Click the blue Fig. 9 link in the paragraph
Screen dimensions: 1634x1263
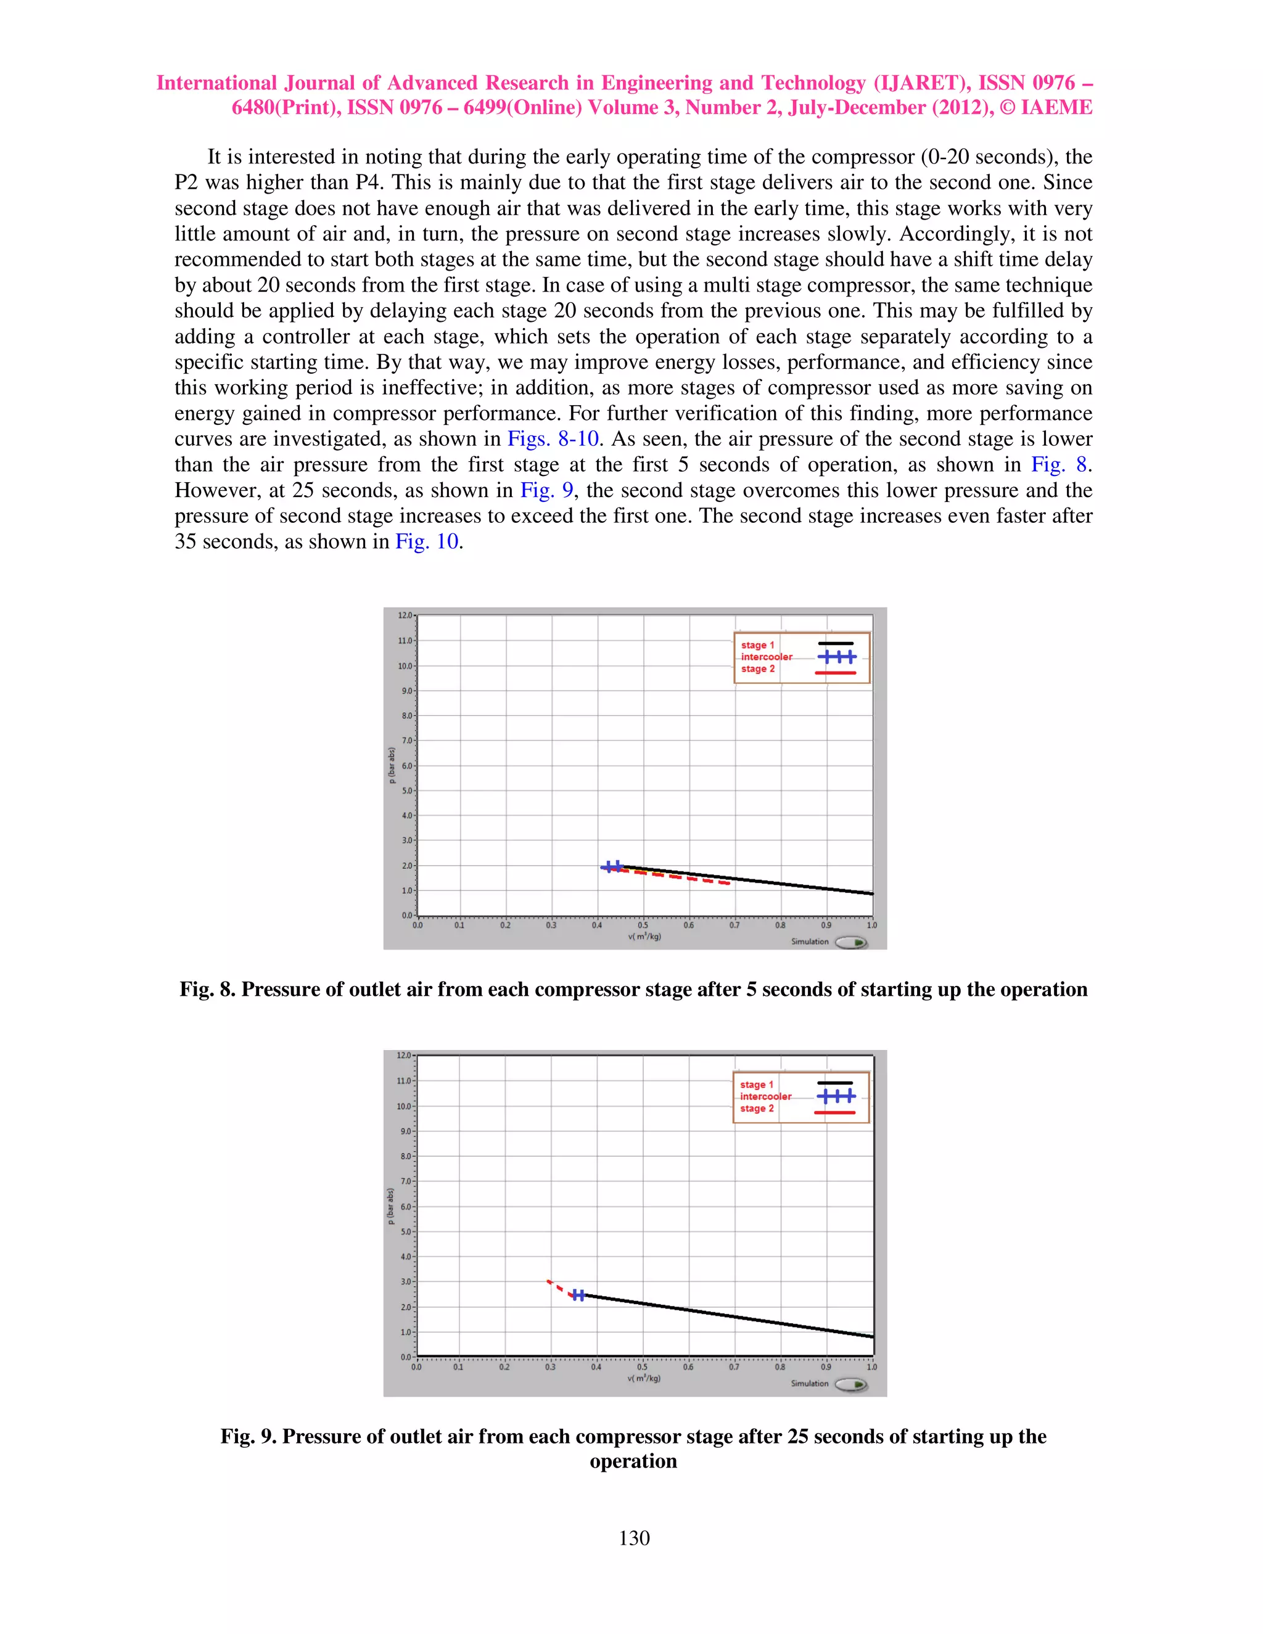(546, 490)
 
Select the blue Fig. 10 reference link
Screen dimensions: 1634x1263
(427, 541)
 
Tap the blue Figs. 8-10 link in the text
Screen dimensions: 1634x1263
(553, 438)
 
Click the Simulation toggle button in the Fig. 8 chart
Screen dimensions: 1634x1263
(850, 942)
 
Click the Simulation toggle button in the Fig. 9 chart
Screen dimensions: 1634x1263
(850, 1384)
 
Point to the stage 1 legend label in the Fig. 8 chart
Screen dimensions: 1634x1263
(757, 645)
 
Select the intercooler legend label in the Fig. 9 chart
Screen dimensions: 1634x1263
(765, 1096)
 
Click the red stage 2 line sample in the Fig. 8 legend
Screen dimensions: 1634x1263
(835, 673)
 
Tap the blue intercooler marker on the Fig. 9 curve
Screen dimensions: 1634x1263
(578, 1294)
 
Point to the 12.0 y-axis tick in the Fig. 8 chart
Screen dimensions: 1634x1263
(405, 615)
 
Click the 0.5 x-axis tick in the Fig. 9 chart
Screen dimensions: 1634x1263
(642, 1367)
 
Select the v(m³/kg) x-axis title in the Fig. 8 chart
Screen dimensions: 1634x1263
(644, 936)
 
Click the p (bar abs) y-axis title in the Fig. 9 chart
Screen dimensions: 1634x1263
(390, 1206)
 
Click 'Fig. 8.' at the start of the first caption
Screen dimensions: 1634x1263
(207, 989)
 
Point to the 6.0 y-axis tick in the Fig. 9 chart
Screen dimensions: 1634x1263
(405, 1207)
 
